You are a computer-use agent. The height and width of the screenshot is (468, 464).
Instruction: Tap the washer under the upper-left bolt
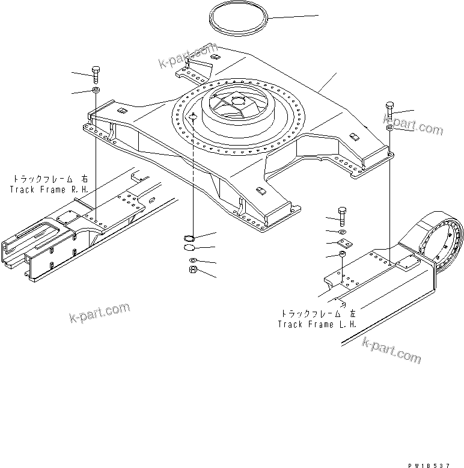tap(96, 91)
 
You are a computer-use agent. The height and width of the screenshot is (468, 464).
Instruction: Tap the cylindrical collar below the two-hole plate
tap(341, 256)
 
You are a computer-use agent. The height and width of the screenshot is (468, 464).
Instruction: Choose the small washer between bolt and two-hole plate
tap(341, 231)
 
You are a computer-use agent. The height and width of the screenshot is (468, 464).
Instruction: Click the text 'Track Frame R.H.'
tap(49, 189)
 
